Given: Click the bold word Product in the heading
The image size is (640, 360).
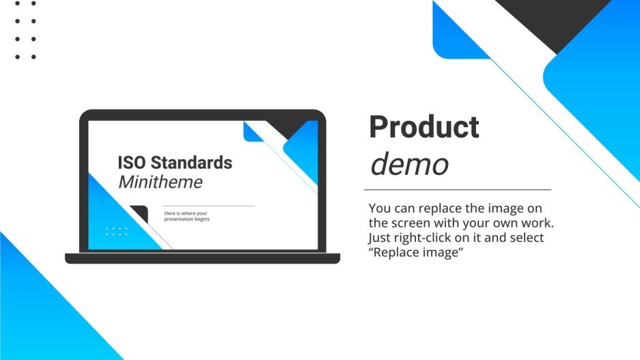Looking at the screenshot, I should pos(424,128).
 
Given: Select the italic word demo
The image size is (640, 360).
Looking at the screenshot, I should pos(409,164).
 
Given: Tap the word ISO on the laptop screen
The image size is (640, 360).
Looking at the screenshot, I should pos(132,163).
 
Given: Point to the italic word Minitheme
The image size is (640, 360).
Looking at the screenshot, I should pos(160,182).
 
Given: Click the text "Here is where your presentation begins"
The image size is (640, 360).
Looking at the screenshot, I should pos(186,217).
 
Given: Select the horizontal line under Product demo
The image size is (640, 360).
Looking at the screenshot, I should pos(458,189).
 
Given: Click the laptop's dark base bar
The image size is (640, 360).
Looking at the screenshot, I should pos(202,258).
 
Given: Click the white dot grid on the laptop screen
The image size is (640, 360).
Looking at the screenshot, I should pos(117,232).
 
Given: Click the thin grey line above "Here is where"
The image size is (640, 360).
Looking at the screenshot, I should pos(208,206).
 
